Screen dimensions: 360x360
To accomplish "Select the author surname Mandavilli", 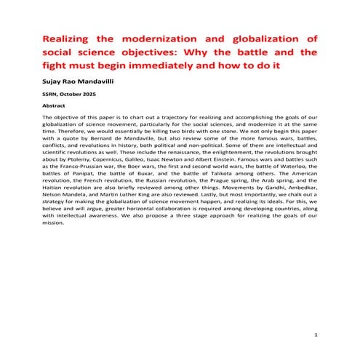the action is [x=99, y=83].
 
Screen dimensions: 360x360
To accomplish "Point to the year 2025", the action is [x=95, y=95].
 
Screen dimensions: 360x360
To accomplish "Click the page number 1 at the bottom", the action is [x=317, y=334].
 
